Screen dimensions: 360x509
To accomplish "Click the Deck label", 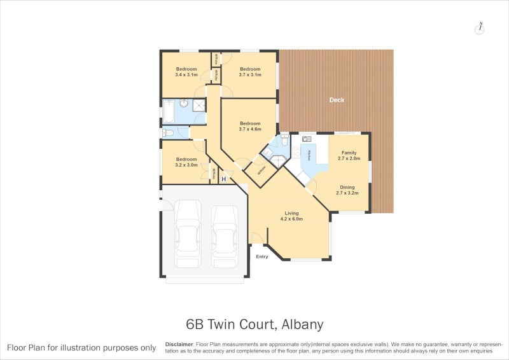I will coord(337,100).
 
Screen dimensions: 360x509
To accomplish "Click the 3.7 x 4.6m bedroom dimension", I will coord(250,129).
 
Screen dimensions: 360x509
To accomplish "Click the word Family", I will coord(349,153).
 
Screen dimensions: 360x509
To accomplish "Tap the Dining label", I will coord(347,187).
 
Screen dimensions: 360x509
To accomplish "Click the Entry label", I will coord(262,256).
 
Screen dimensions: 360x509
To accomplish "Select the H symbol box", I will coord(223,179).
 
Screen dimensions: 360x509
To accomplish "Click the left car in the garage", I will coord(188,233).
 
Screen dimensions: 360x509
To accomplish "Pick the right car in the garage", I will coord(224,235).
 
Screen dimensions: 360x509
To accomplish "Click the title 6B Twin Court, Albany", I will coord(254,324).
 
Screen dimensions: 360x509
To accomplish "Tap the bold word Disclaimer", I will coord(179,343).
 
